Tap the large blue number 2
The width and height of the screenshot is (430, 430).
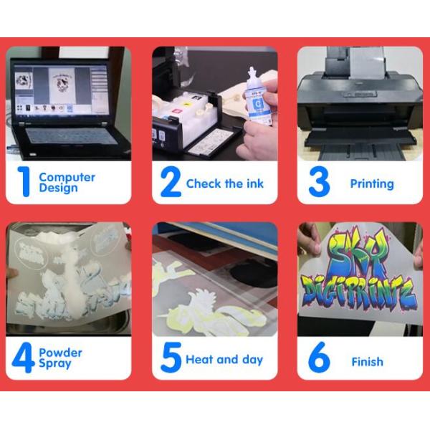coord(170,183)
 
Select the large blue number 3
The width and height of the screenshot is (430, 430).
coord(319,183)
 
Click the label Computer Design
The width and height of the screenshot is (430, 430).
coord(67,182)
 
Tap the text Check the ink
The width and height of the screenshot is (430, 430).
coord(224,183)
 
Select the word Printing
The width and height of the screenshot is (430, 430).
coord(371,183)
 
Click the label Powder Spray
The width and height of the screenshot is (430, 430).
coord(60,358)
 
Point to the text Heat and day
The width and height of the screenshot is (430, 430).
coord(224,360)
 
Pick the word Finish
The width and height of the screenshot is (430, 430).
coord(367,362)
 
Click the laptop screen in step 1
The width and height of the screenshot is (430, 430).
coord(57,89)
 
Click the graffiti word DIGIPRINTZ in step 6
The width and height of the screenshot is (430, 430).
coord(357,290)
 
